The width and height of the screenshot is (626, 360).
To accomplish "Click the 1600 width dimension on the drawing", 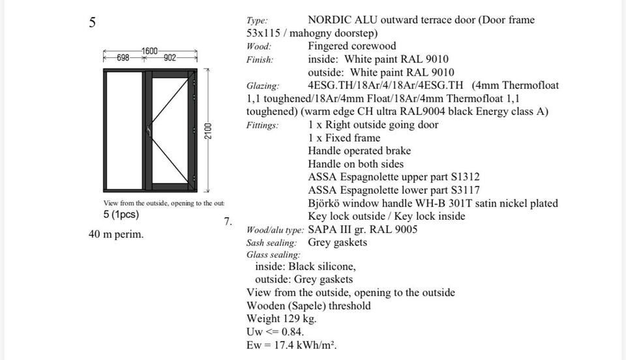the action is coord(150,51).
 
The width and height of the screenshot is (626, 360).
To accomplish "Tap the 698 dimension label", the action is coord(123,58).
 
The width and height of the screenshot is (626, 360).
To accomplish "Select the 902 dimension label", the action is coord(170,58).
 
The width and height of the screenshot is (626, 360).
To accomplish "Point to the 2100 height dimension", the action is coord(208,131).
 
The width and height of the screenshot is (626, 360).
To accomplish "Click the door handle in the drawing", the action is coord(149,131).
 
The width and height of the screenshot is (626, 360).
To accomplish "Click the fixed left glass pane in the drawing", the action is coord(125,130).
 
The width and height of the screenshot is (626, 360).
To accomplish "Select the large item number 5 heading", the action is coord(92,22).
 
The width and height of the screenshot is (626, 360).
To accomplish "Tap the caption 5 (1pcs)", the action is coord(121,215).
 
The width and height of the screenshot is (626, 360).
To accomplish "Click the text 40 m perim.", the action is coord(116,234).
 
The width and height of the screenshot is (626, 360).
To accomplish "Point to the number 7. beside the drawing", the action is coord(228,222).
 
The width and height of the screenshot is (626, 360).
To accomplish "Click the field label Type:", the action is coord(257,20).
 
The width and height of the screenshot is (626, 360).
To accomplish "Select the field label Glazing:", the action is coord(263,86).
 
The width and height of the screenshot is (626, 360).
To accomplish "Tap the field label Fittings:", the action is coord(262,125).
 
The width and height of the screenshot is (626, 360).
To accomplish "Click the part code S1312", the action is coord(466,177).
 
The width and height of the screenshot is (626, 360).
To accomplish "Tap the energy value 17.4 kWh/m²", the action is coord(305,345).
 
